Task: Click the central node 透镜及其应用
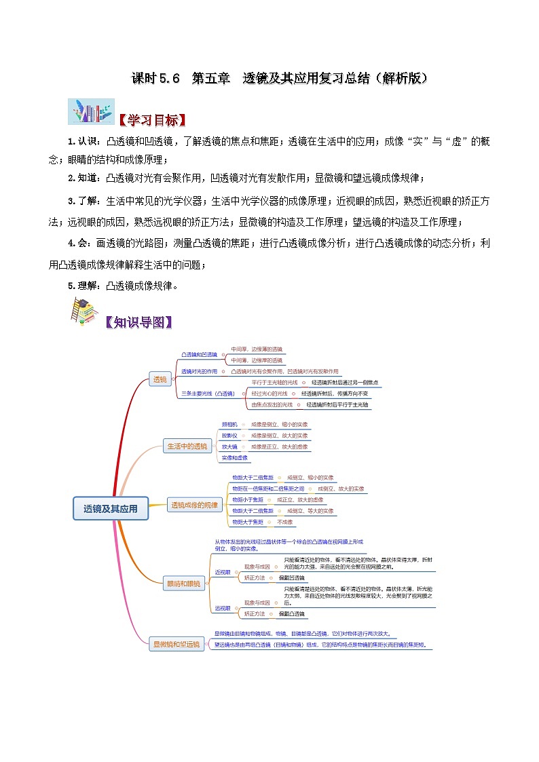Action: (x=110, y=508)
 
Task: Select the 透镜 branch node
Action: (x=160, y=379)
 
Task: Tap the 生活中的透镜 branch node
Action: (x=187, y=446)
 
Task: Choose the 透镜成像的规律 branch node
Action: (x=195, y=505)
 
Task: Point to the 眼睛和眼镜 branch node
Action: (x=184, y=583)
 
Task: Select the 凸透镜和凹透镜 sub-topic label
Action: (x=199, y=354)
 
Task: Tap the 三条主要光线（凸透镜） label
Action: (x=208, y=393)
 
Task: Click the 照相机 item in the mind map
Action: (x=230, y=424)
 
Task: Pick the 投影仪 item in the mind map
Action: (x=230, y=435)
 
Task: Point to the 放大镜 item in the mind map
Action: (x=230, y=446)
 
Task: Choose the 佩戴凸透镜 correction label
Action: (x=291, y=613)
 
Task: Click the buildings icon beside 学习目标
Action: (x=91, y=111)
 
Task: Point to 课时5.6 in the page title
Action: (x=155, y=78)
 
